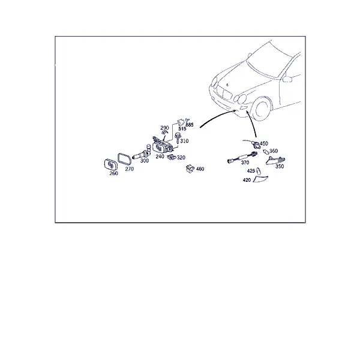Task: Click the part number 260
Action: point(113,173)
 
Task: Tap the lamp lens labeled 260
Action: point(110,164)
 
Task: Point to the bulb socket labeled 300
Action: point(142,153)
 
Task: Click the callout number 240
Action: point(160,157)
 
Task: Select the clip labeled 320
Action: point(172,157)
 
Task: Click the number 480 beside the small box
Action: point(200,169)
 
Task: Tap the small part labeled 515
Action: point(181,122)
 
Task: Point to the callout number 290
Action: point(164,128)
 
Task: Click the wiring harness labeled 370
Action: point(242,157)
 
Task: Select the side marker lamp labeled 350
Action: point(275,160)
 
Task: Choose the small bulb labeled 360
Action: point(266,152)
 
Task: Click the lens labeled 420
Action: point(260,179)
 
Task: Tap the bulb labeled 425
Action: point(258,171)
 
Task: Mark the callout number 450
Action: point(264,144)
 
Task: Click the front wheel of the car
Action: point(262,109)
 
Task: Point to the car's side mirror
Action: point(287,79)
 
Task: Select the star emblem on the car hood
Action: point(227,85)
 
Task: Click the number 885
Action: point(190,125)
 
